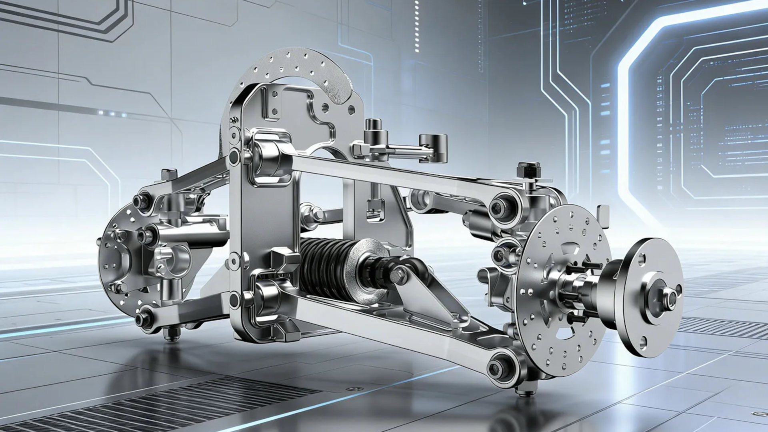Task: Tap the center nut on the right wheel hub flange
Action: click(x=669, y=297)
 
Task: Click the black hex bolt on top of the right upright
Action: click(x=529, y=170)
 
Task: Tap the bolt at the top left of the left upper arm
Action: click(x=169, y=174)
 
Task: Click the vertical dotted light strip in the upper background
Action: click(x=417, y=26)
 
